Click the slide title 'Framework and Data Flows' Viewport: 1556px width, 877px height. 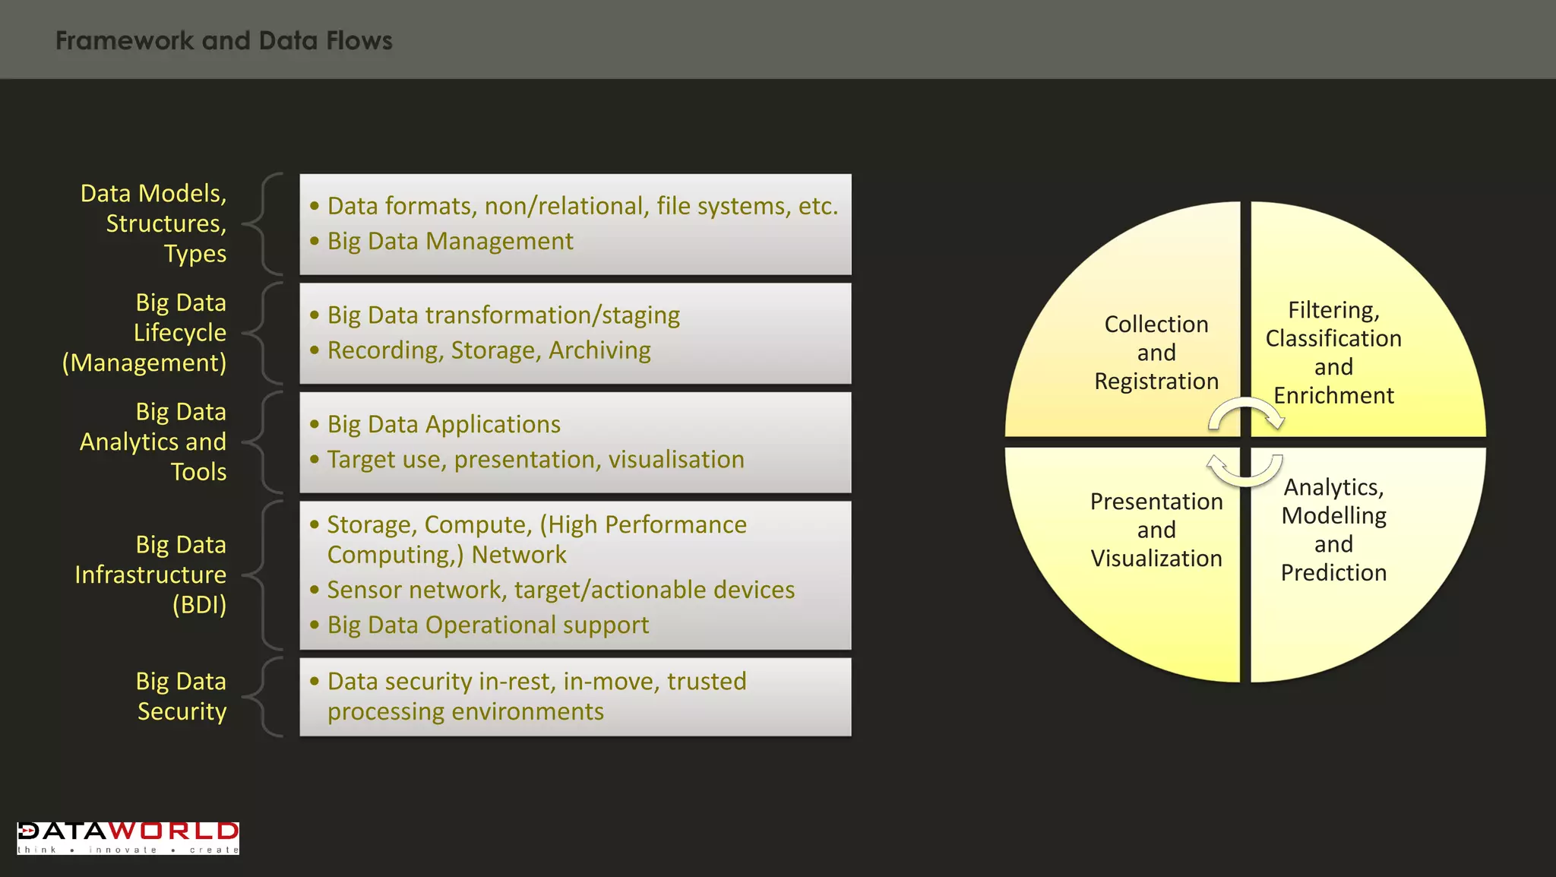[224, 40]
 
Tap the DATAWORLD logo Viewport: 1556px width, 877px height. [128, 837]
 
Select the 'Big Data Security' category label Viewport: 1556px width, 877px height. [182, 696]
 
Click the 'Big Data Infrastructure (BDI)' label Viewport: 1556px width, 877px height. [151, 575]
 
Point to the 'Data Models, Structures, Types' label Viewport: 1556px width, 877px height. [154, 223]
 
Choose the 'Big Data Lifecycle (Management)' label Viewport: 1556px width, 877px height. [145, 333]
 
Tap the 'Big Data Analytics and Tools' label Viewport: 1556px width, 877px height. [153, 442]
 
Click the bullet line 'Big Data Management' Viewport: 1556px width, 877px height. [450, 241]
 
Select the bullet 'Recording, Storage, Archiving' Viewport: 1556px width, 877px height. [489, 350]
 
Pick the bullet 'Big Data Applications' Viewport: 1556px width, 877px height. [444, 424]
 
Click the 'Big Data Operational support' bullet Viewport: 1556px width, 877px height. [488, 625]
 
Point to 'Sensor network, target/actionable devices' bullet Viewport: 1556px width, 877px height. [561, 590]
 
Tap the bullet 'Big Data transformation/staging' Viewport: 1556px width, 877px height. [503, 315]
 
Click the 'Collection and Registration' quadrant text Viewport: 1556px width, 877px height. [1156, 353]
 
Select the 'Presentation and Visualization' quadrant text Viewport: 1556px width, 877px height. [1156, 530]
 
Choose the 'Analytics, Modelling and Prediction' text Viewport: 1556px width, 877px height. [1333, 530]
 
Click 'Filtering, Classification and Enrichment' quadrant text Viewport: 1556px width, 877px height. [1333, 353]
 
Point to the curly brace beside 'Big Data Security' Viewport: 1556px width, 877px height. [264, 697]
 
